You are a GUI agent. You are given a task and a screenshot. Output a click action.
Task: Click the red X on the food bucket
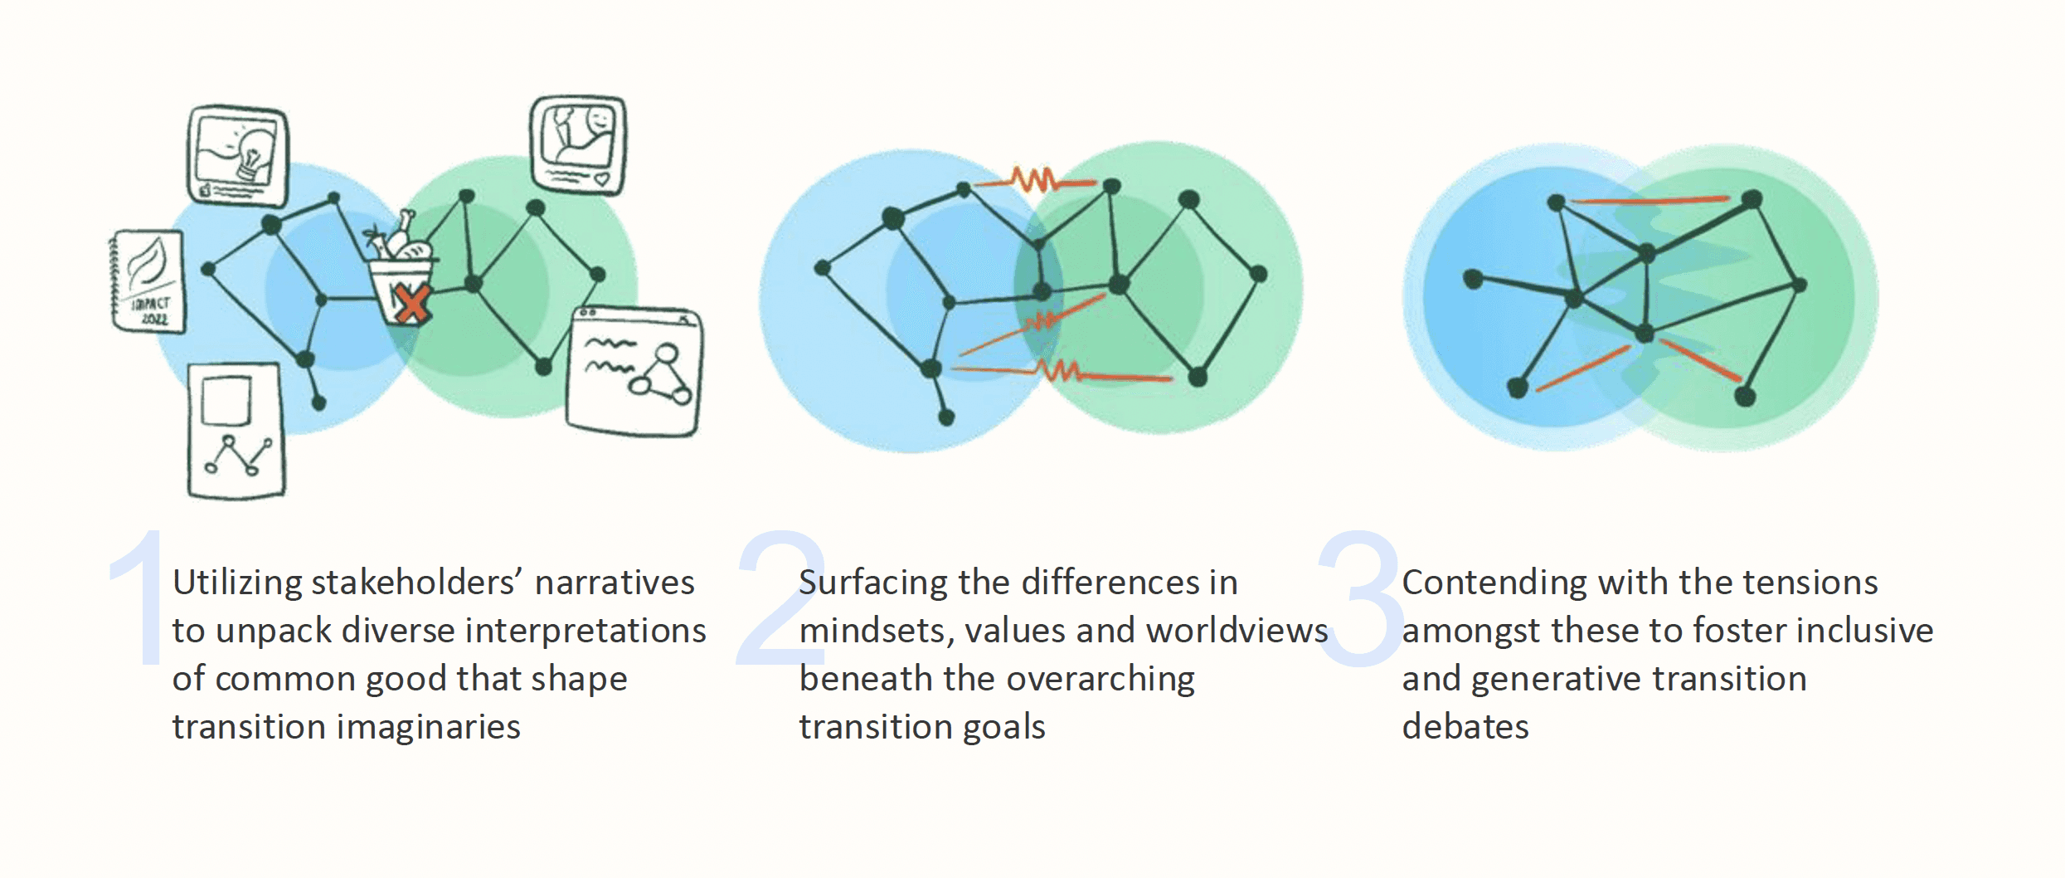pyautogui.click(x=411, y=303)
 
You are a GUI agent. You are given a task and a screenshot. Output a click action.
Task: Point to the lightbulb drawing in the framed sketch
pyautogui.click(x=251, y=154)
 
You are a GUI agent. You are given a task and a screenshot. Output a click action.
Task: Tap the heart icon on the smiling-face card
pyautogui.click(x=601, y=178)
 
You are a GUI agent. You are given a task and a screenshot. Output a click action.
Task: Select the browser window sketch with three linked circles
pyautogui.click(x=634, y=371)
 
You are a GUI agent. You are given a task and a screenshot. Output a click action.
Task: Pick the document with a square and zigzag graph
pyautogui.click(x=236, y=432)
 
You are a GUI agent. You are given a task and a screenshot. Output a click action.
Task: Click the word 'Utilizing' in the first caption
pyautogui.click(x=236, y=583)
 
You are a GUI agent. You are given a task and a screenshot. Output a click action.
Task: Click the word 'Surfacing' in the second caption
pyautogui.click(x=872, y=583)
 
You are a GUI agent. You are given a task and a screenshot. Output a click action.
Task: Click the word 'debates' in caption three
pyautogui.click(x=1465, y=728)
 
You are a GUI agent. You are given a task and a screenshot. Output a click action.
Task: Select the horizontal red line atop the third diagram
pyautogui.click(x=1650, y=200)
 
